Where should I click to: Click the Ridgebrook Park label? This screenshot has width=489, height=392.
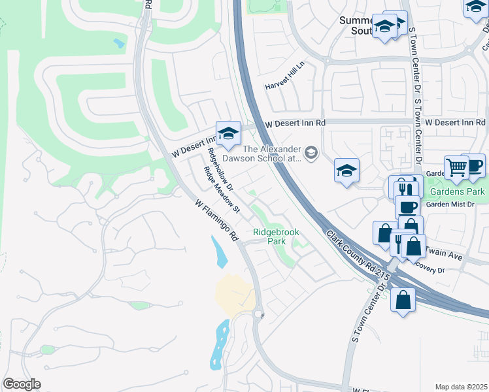point(269,237)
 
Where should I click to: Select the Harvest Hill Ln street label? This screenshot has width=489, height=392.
point(286,86)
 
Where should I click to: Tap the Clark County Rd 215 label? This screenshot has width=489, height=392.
point(358,257)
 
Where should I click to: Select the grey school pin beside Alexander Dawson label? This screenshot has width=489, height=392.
point(312,154)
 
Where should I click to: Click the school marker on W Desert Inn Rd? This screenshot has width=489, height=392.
point(228,133)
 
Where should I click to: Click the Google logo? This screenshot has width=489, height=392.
point(22,384)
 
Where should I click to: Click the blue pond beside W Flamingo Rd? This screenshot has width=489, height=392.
point(220,251)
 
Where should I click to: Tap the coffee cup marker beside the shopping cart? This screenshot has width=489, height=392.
point(473,165)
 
